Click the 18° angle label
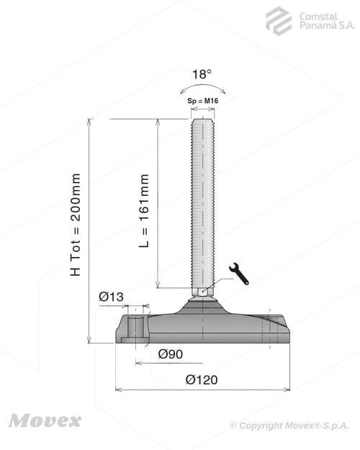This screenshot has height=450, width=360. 202,74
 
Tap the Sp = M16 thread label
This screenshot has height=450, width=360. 202,101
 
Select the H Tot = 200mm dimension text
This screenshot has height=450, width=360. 76,225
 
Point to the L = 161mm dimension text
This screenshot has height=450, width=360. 144,211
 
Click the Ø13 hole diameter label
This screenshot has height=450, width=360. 111,297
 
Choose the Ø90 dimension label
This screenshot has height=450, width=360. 171,354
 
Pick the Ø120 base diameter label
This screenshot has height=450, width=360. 202,379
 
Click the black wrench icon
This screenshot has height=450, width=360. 239,274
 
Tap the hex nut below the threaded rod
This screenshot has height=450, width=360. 202,292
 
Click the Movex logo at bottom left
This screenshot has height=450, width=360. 45,421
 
